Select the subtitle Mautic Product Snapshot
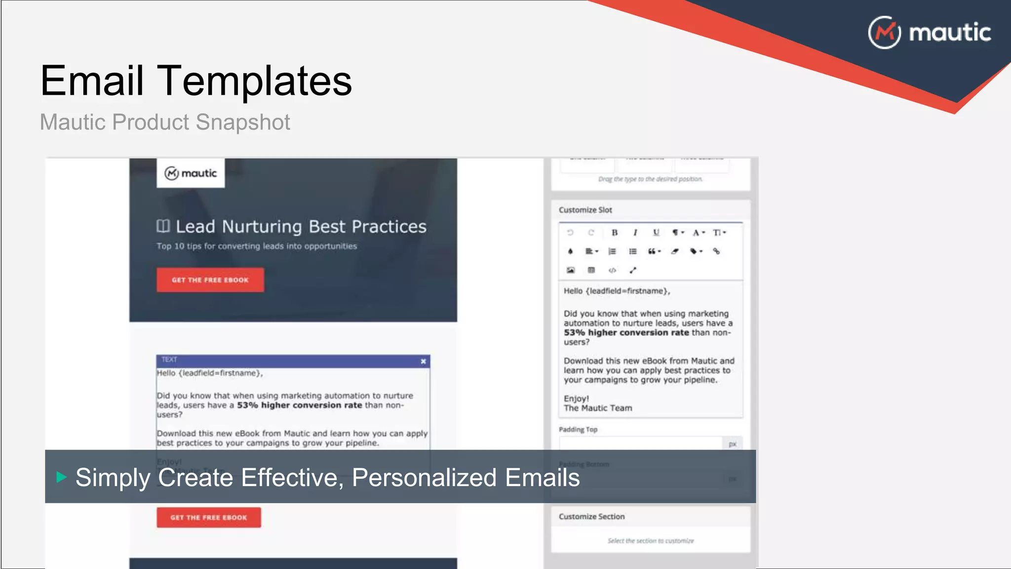tap(165, 122)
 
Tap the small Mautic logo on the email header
tap(191, 173)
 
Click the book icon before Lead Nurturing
tap(163, 226)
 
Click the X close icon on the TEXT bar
tap(423, 361)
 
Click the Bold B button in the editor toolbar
tap(615, 233)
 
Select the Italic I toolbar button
tap(635, 233)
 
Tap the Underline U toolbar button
tap(656, 233)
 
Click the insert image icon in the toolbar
tap(571, 270)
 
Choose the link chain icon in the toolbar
tap(716, 251)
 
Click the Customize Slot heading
tap(585, 210)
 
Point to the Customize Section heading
tap(591, 517)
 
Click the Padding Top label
tap(578, 430)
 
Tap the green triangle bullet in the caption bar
tap(61, 477)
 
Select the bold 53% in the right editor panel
tap(574, 333)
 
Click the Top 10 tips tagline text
tap(256, 246)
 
